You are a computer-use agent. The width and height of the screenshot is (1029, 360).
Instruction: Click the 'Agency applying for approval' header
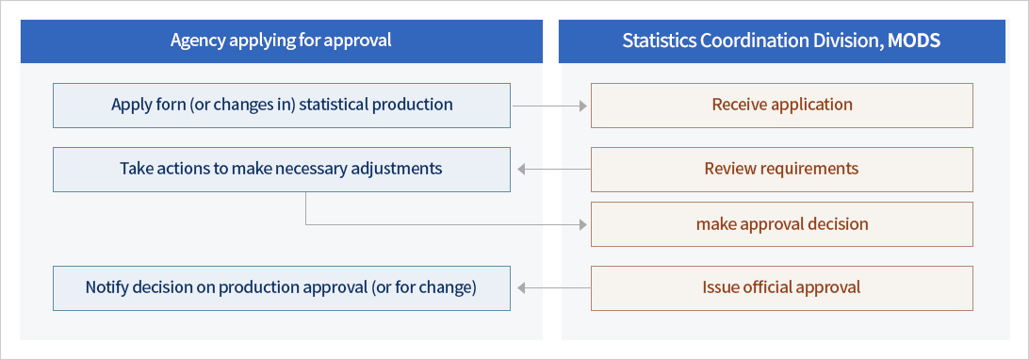[x=281, y=41]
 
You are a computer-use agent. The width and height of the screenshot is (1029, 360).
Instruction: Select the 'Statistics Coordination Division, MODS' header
[x=781, y=41]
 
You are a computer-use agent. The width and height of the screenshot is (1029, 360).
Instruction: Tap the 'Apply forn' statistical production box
[x=281, y=105]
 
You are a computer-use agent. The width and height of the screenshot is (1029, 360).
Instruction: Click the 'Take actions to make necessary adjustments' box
[x=281, y=169]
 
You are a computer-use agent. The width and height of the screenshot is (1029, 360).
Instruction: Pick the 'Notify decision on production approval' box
[x=281, y=287]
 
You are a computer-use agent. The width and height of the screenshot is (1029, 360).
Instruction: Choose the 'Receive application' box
[x=781, y=105]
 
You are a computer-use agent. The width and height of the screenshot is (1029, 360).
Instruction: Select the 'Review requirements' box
[x=781, y=169]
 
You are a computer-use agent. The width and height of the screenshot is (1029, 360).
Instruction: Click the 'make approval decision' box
[x=781, y=224]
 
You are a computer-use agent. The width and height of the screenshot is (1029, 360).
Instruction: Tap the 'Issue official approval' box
[x=781, y=287]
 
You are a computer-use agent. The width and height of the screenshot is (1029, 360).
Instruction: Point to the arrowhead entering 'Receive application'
[x=582, y=106]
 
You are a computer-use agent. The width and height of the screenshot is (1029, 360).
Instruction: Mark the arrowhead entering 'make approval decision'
[x=582, y=225]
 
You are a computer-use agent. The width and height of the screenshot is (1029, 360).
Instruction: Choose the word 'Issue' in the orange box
[x=722, y=287]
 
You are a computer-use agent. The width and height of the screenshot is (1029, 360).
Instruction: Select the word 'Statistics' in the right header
[x=655, y=41]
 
